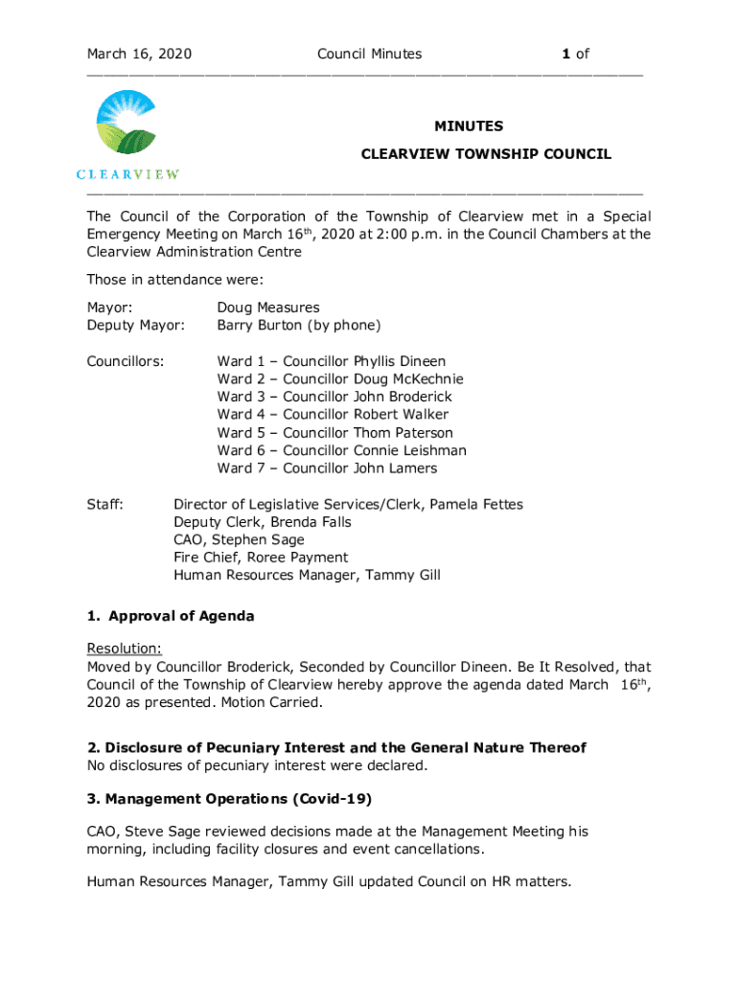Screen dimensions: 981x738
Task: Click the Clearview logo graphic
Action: click(x=127, y=128)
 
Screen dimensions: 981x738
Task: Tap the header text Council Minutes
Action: click(x=369, y=55)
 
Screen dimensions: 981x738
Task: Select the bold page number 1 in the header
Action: click(x=566, y=55)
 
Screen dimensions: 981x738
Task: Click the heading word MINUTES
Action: click(x=469, y=126)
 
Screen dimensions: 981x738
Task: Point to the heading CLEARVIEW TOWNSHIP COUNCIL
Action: click(x=485, y=154)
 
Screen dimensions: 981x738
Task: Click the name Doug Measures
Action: click(x=268, y=308)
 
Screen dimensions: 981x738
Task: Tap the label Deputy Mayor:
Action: click(x=136, y=326)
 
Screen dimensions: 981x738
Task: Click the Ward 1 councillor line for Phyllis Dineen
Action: click(x=331, y=361)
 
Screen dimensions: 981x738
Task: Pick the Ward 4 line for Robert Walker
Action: click(x=333, y=415)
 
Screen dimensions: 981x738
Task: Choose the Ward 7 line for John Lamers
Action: click(x=327, y=468)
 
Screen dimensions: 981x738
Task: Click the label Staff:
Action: click(x=104, y=504)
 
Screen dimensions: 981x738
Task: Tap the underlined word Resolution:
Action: click(x=124, y=649)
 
